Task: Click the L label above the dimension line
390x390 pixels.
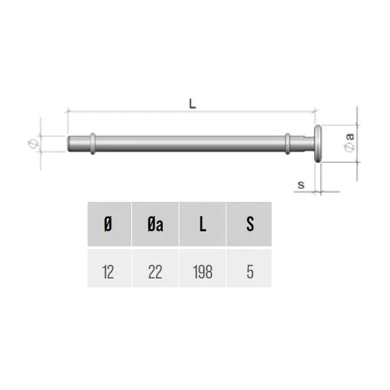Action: click(192, 104)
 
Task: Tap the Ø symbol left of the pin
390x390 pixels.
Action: click(33, 144)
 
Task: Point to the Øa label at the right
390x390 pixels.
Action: click(350, 142)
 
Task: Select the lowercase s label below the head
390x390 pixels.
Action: click(301, 185)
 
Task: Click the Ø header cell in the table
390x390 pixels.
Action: click(109, 224)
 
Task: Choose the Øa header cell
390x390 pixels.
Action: click(155, 224)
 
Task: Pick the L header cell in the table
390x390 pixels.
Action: click(203, 224)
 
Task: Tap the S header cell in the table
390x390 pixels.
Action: click(249, 224)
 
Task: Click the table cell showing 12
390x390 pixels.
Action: click(109, 268)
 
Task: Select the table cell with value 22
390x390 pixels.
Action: click(155, 268)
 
